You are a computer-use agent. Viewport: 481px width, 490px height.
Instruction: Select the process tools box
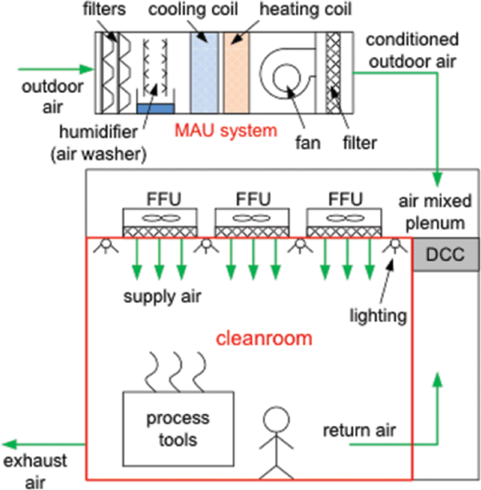click(178, 429)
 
